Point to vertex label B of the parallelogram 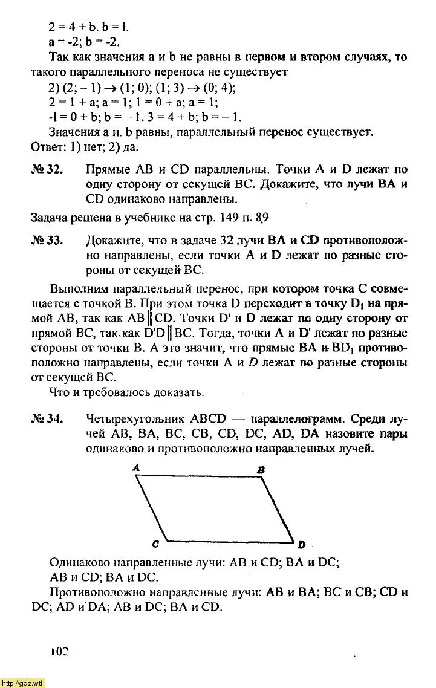tap(261, 470)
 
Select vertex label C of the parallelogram tap(155, 544)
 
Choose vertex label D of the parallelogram tap(301, 544)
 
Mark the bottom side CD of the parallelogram tap(230, 540)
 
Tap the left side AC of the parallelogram tap(151, 508)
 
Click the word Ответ tap(47, 147)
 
